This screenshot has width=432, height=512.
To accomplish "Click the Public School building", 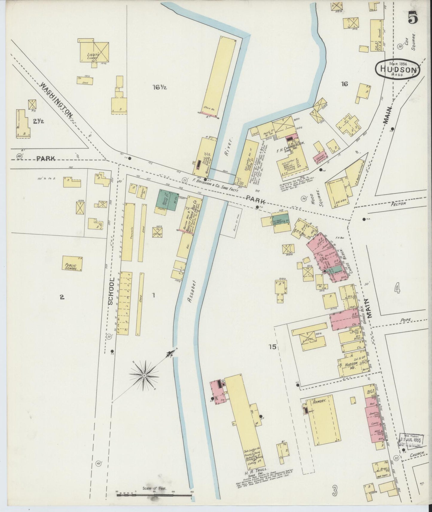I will (x=72, y=263).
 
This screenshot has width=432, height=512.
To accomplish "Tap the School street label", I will (x=111, y=291).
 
